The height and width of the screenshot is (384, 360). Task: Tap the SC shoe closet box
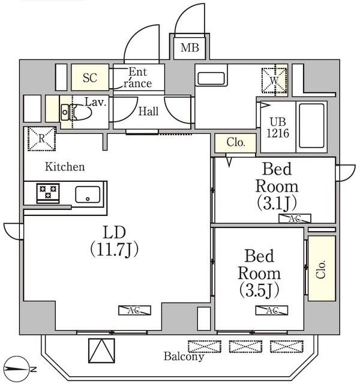click(x=90, y=77)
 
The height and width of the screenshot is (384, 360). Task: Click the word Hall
click(x=148, y=111)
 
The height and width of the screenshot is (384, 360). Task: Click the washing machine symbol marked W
click(x=274, y=78)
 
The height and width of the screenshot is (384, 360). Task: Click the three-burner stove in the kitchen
click(x=47, y=193)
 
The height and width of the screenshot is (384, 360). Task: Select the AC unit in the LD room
click(x=135, y=310)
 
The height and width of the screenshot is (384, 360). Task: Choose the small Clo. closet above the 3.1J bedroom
click(x=235, y=143)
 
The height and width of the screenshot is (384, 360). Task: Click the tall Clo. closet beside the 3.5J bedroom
click(x=322, y=268)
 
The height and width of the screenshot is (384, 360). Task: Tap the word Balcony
click(x=184, y=357)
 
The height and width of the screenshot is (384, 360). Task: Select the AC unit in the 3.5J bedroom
click(x=271, y=310)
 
